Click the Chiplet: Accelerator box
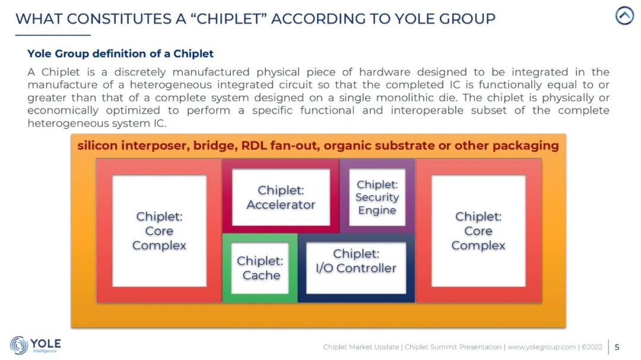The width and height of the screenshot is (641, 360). pyautogui.click(x=281, y=197)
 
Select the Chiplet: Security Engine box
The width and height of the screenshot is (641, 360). pyautogui.click(x=377, y=197)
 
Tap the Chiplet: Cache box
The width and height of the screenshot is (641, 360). pyautogui.click(x=260, y=268)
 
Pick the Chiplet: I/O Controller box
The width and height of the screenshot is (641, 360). pyautogui.click(x=356, y=268)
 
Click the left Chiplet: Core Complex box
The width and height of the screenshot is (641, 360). pyautogui.click(x=160, y=231)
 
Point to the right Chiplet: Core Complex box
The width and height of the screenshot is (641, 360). pyautogui.click(x=478, y=231)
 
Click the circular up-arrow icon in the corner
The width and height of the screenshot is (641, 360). pyautogui.click(x=624, y=16)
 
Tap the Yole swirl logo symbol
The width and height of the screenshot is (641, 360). pyautogui.click(x=19, y=345)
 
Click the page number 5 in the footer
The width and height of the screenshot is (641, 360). pyautogui.click(x=617, y=347)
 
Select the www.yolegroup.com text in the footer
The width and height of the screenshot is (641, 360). pyautogui.click(x=541, y=347)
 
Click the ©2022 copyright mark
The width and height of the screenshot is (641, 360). pyautogui.click(x=592, y=347)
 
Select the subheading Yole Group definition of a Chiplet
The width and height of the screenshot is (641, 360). pyautogui.click(x=120, y=53)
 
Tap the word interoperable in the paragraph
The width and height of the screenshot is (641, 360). pyautogui.click(x=427, y=110)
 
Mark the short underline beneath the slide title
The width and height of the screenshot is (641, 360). pyautogui.click(x=53, y=35)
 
